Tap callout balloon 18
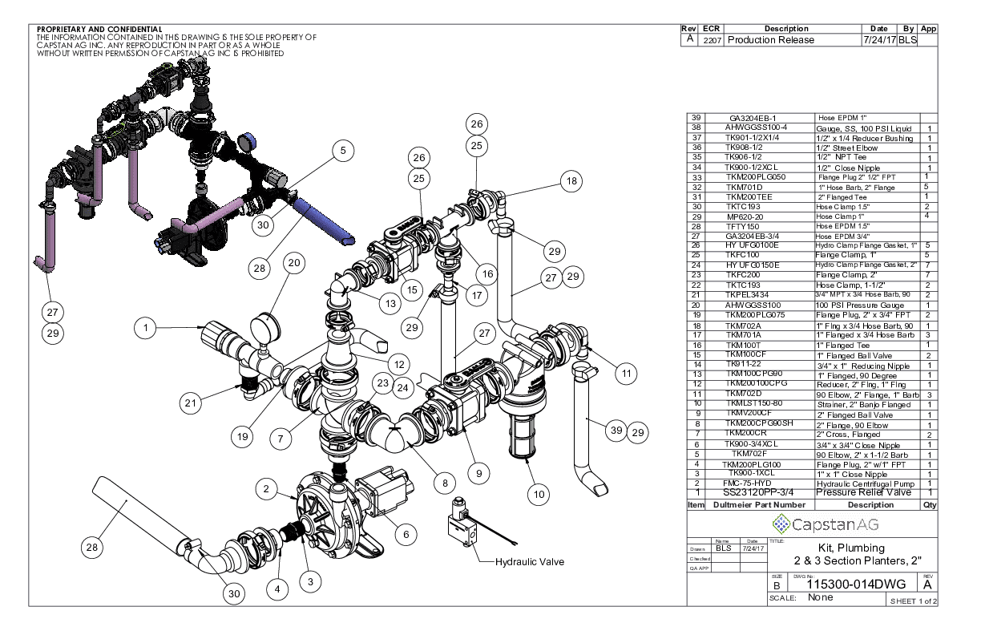[x=571, y=182]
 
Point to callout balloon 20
[x=294, y=262]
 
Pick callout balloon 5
[x=342, y=149]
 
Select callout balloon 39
[x=615, y=431]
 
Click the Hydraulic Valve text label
[x=530, y=562]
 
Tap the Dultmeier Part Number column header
[x=759, y=505]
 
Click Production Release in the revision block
[x=769, y=40]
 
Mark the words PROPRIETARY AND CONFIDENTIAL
[x=100, y=30]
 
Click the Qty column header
[x=929, y=505]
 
